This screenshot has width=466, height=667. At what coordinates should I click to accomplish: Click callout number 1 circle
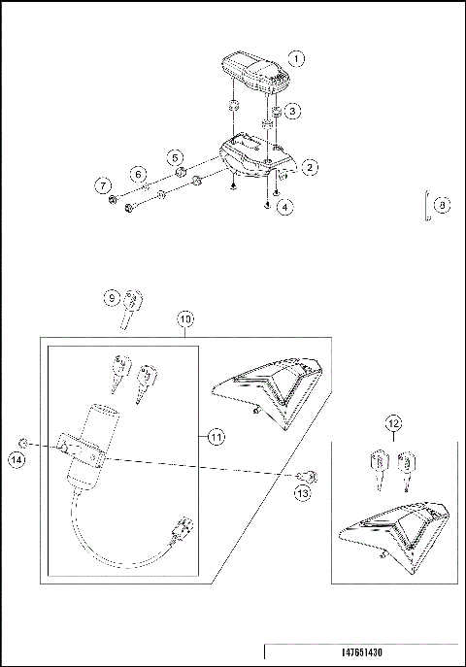coord(298,58)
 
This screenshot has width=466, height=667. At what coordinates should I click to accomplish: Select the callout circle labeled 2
coord(310,168)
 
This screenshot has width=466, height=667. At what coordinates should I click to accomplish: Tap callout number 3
coord(292,112)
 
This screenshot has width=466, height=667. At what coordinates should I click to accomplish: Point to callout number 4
coord(283,207)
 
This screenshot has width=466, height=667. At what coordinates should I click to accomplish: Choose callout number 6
coord(139,174)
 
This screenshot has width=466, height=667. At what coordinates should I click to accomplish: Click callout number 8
coord(442,205)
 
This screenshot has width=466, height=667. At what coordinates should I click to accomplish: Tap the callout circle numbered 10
coord(185,318)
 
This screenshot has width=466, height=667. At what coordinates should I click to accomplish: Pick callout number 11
coord(216,438)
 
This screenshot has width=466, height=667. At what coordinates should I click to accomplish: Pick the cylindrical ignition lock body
coord(100,437)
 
